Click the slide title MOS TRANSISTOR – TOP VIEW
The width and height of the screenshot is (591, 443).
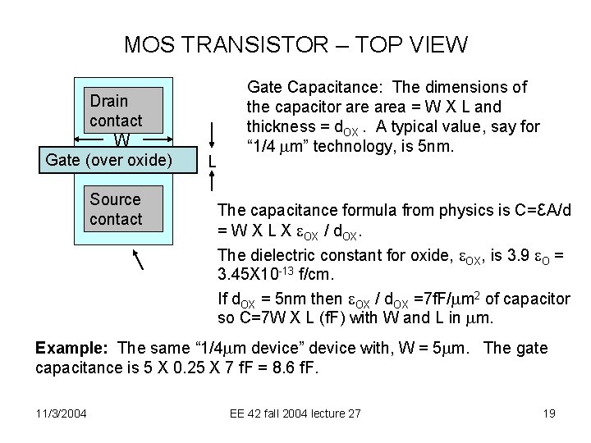(295, 44)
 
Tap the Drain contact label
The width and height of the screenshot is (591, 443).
(116, 111)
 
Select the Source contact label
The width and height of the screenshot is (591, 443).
(116, 209)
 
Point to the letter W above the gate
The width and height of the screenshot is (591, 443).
(121, 140)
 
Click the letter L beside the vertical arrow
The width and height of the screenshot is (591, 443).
(213, 162)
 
